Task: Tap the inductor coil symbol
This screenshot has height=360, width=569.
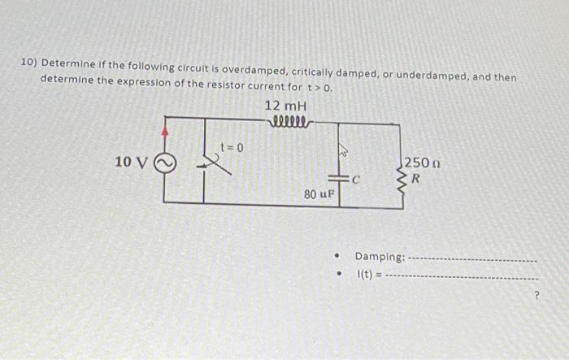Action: click(289, 123)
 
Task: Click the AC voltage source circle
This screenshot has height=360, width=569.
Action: click(165, 163)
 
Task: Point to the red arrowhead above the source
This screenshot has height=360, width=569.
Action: click(165, 128)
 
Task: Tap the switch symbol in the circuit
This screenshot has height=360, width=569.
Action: click(215, 162)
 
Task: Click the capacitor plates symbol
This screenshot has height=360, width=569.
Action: click(338, 177)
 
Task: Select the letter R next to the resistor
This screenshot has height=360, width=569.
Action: click(415, 177)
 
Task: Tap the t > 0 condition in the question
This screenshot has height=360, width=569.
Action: click(321, 86)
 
